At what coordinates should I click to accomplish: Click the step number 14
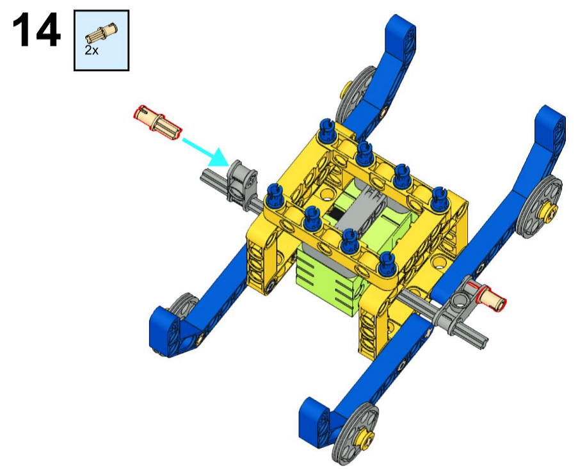[x=36, y=30]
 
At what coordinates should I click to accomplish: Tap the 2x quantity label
[x=92, y=50]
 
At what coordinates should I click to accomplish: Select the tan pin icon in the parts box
[x=101, y=33]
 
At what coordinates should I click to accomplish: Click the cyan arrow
[x=205, y=152]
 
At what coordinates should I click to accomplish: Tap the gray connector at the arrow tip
[x=241, y=180]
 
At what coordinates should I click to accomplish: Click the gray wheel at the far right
[x=540, y=207]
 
